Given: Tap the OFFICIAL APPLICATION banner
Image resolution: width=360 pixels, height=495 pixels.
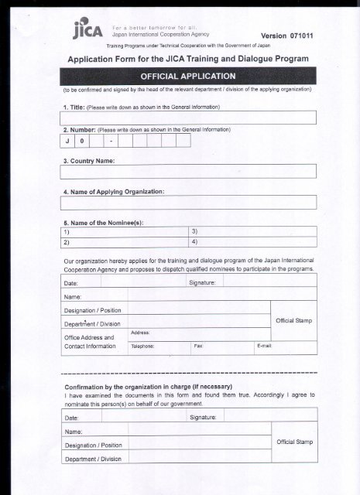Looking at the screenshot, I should [188, 76].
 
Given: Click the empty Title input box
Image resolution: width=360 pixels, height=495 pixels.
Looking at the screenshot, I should [188, 118].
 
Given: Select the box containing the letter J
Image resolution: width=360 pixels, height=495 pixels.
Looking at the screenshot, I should [66, 141].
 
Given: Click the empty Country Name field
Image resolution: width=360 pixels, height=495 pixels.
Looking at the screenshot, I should [188, 171].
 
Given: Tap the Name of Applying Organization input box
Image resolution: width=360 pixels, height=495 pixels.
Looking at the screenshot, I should [188, 202].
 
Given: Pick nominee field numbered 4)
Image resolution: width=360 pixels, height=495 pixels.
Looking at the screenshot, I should [252, 241].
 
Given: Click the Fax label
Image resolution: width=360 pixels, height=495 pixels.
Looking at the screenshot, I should [199, 346].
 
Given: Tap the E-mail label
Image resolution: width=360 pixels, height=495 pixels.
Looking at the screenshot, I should [264, 346].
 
